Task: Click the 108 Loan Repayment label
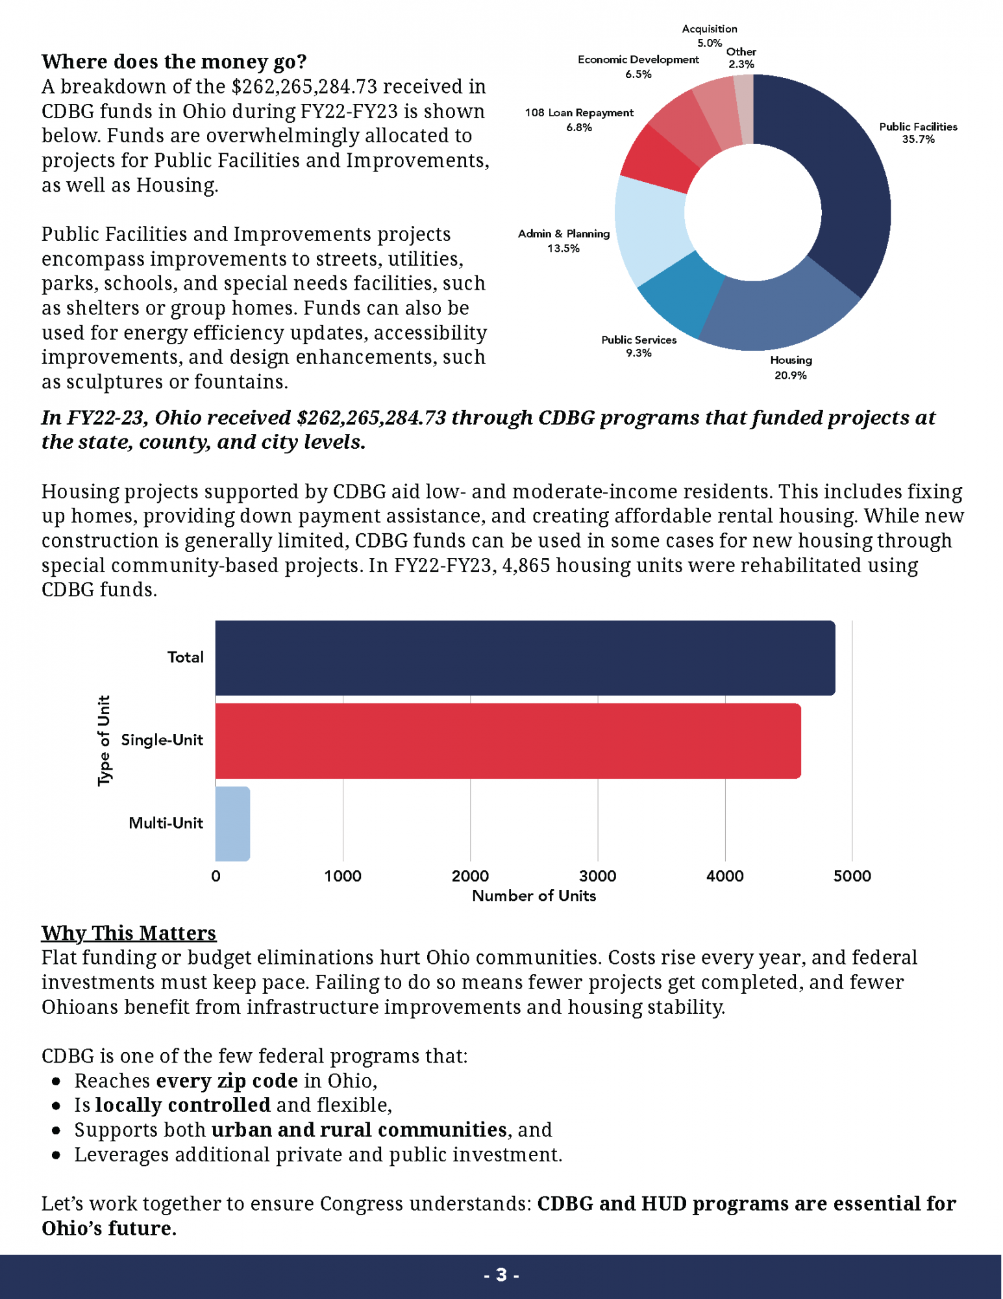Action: (x=579, y=120)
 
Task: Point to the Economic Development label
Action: (x=638, y=66)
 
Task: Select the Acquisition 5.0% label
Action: (x=710, y=36)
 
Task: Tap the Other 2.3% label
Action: (x=741, y=58)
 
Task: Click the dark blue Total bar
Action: (x=525, y=658)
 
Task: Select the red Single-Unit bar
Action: (x=508, y=740)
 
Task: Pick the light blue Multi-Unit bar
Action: (x=232, y=824)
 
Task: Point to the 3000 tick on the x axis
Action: (x=597, y=876)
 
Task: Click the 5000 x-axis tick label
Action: (x=852, y=876)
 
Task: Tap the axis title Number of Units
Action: (x=534, y=896)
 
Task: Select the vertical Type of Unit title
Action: (x=104, y=740)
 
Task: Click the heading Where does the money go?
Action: (x=174, y=62)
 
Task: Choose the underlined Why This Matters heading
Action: (x=129, y=933)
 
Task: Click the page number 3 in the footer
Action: (x=501, y=1274)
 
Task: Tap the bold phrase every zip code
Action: (x=227, y=1081)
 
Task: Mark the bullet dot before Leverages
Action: (x=56, y=1155)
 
